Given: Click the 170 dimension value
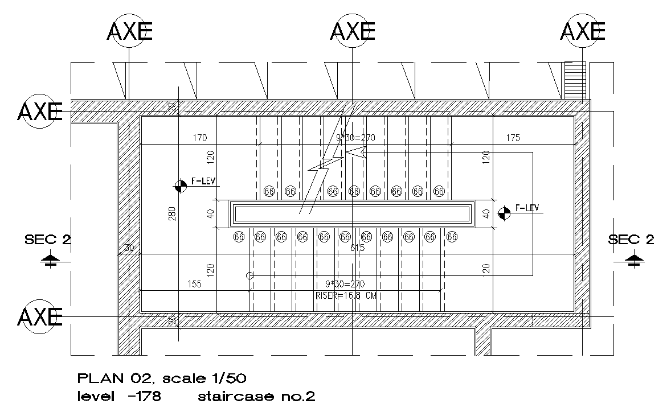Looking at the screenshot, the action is coord(199,138).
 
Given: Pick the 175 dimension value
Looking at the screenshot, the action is coord(513,138).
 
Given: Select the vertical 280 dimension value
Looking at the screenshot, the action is coord(173,212).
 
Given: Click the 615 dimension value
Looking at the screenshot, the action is coord(358,248).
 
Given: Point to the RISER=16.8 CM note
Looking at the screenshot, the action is coord(345,295).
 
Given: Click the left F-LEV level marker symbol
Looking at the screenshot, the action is coord(181,186).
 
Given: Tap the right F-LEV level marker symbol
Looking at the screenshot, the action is coord(504,213).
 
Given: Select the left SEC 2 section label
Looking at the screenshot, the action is coord(48,240).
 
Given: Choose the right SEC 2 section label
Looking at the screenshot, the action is coord(631,240).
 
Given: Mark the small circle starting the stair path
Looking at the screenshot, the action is coord(249,275).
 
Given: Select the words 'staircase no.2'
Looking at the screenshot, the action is coord(256,397).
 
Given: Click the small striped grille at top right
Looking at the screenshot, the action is coord(574,80).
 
